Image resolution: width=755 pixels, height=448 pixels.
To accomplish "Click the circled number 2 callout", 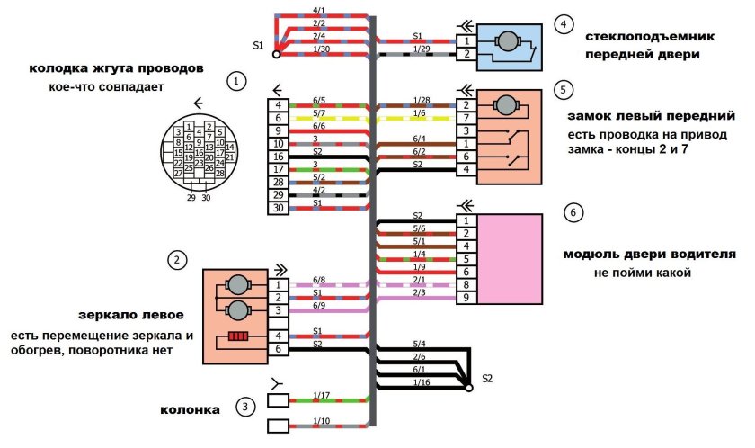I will (179, 261).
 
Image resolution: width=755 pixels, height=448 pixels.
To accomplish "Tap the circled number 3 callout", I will (245, 408).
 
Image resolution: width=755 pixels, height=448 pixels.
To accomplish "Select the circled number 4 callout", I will (564, 24).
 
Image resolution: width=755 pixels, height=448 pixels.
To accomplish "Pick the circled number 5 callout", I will (564, 90).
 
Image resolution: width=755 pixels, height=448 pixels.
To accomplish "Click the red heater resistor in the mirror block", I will (237, 337).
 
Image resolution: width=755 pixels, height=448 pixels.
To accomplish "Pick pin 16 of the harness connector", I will (279, 157).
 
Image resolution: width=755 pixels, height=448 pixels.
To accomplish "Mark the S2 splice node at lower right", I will (468, 388).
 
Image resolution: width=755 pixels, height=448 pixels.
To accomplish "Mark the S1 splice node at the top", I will (276, 54).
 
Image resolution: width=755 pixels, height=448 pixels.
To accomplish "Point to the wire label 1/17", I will (320, 395).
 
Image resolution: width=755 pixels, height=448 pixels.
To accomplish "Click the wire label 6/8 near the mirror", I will (318, 281).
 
